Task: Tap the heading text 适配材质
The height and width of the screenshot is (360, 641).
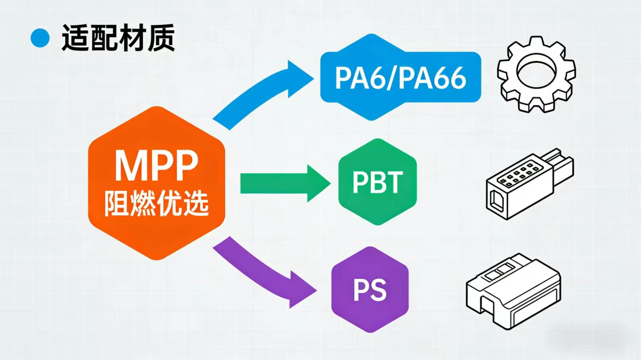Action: point(118,39)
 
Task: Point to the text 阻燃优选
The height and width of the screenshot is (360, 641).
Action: point(157,203)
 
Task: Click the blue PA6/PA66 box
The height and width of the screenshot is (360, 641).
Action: point(400,78)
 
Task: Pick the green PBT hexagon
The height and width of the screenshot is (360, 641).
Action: point(377,182)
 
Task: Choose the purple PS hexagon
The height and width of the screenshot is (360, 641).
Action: point(369,289)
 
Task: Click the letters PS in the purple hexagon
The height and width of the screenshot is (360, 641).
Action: point(369,290)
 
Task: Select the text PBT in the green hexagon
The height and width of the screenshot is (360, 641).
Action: point(377,183)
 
